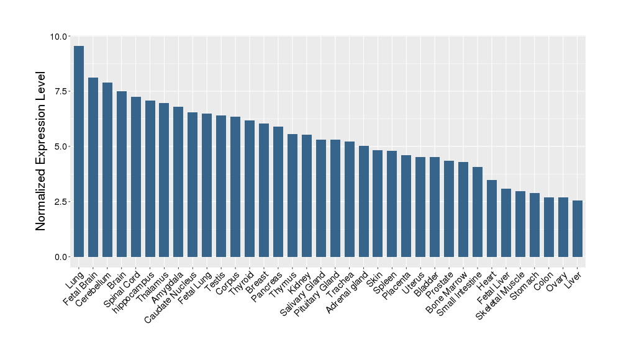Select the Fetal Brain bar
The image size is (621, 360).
[x=93, y=167]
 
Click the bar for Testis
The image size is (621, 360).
[x=221, y=186]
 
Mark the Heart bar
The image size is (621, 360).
[x=492, y=218]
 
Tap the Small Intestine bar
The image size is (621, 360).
[x=478, y=212]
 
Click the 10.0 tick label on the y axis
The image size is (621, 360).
[x=60, y=37]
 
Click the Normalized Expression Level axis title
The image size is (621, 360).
[x=41, y=151]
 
